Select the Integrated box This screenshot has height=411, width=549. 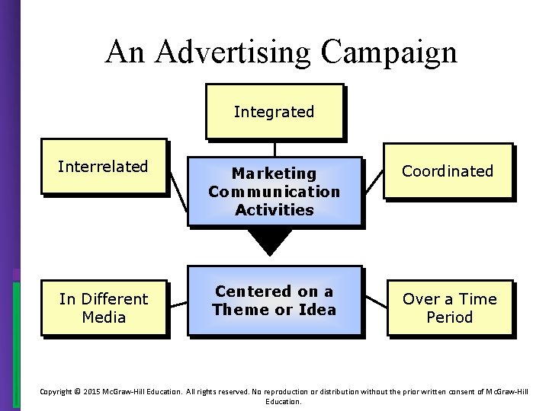pos(274,111)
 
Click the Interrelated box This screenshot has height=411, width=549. pos(103,167)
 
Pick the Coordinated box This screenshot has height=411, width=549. pos(448,171)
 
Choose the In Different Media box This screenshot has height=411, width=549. pos(103,307)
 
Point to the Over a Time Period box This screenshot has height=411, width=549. pos(449,307)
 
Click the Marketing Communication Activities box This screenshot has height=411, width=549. pos(274,191)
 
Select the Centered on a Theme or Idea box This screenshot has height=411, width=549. pos(274,300)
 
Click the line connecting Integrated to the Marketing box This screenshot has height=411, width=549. pos(274,148)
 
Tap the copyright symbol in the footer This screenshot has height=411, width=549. pos(78,391)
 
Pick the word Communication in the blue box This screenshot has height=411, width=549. pos(274,191)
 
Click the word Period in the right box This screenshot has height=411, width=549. pos(449,317)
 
